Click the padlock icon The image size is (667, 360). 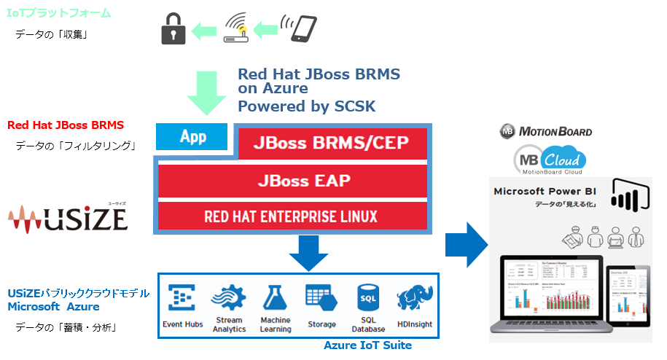(x=173, y=30)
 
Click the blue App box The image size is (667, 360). (x=193, y=136)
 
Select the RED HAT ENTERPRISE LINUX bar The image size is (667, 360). (x=292, y=216)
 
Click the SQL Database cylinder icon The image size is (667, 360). (x=367, y=297)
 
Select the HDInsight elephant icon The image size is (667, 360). (x=413, y=299)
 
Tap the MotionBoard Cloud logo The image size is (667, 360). (x=550, y=160)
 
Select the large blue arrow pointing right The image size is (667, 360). (x=467, y=241)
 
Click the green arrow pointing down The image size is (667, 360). (x=207, y=92)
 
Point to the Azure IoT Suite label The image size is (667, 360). (x=368, y=345)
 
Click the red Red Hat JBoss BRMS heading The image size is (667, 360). (x=66, y=125)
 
